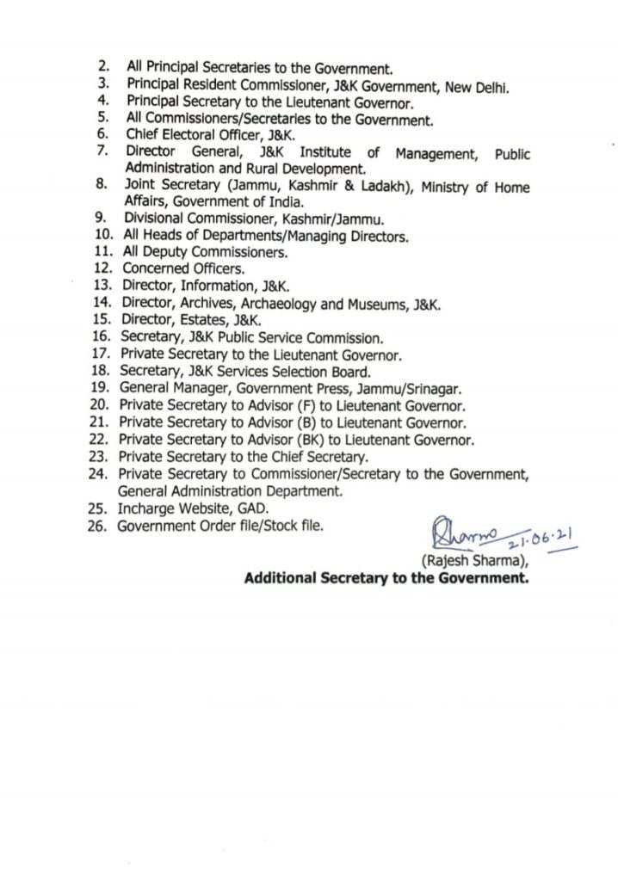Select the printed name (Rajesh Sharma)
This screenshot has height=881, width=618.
[x=473, y=561]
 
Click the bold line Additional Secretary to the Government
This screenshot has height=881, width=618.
[x=386, y=578]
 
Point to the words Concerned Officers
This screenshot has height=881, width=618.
[x=183, y=269]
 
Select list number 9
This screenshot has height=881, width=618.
[x=101, y=219]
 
